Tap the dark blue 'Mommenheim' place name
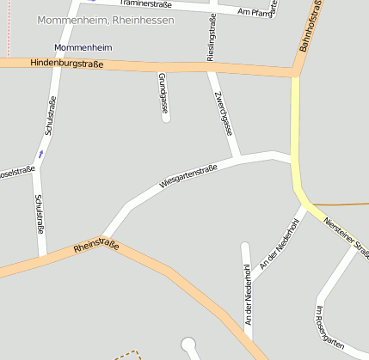(83, 46)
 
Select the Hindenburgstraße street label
(66, 64)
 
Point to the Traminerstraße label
(145, 4)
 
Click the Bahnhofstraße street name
(312, 27)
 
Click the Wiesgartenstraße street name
(188, 176)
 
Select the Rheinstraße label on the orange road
(96, 247)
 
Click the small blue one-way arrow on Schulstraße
(40, 155)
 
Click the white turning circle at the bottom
(189, 346)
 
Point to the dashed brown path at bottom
(127, 353)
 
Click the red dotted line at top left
(7, 26)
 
